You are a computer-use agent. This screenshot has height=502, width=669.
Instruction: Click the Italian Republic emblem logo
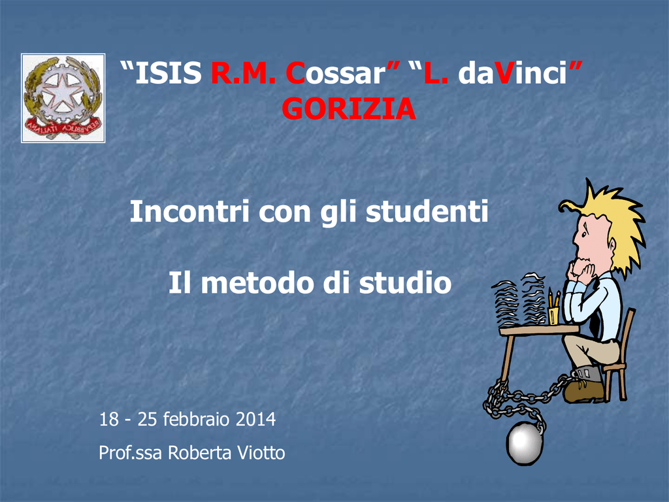click(63, 98)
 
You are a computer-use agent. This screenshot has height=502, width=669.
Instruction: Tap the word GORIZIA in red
click(349, 109)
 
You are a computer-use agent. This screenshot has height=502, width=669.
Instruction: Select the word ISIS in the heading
click(168, 73)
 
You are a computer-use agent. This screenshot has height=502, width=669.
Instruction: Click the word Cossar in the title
click(335, 73)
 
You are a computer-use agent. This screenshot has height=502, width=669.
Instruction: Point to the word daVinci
click(512, 73)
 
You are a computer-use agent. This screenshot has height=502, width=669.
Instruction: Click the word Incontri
click(189, 211)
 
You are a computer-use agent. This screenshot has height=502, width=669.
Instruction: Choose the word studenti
click(427, 211)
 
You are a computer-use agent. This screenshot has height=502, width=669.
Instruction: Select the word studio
click(405, 283)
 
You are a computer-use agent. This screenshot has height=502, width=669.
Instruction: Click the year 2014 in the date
click(255, 419)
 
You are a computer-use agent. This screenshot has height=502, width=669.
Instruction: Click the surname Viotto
click(261, 453)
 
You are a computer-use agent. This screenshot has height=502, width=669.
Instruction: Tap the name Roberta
click(200, 453)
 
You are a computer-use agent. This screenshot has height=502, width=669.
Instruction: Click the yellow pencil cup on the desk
click(554, 314)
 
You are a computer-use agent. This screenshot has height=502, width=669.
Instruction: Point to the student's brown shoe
click(583, 391)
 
